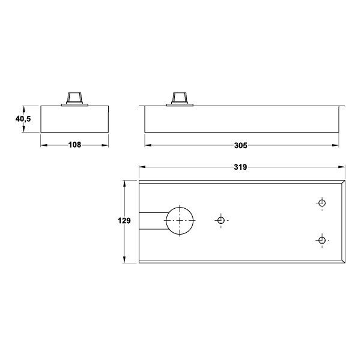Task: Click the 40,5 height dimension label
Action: tap(23, 119)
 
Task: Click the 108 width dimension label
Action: tap(74, 145)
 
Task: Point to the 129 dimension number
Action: tap(124, 221)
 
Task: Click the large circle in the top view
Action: tap(180, 221)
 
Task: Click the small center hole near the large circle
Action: tap(220, 221)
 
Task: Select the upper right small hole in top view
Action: tap(322, 202)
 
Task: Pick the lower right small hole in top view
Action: tap(322, 241)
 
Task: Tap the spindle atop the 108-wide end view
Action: tap(75, 97)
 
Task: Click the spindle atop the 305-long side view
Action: tap(179, 98)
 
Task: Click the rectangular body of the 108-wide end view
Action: tap(74, 119)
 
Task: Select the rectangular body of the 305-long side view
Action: tap(241, 120)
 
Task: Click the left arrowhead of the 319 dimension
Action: tap(142, 167)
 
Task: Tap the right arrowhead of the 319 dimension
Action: tap(342, 167)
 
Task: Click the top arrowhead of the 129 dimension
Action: tap(124, 182)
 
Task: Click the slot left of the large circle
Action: tap(153, 221)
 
